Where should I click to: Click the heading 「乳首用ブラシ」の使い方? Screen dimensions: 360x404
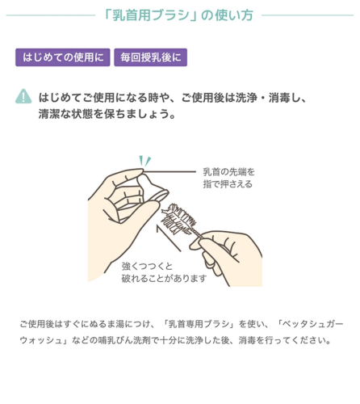pos(178,15)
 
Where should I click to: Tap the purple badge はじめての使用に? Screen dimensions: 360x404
pos(63,57)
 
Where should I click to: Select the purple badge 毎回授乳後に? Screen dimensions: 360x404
pos(150,57)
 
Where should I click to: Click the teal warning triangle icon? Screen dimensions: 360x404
pos(23,96)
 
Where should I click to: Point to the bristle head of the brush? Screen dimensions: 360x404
pos(178,217)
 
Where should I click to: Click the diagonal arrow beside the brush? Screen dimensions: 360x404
pos(169,238)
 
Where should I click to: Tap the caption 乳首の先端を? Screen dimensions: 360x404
pos(228,171)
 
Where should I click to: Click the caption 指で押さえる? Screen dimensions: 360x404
pos(228,184)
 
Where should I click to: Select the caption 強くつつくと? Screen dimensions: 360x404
pos(147,266)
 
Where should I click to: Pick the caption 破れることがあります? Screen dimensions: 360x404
pos(164,278)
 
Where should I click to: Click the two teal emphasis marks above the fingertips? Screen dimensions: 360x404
pos(144,161)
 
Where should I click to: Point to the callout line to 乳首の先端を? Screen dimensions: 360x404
pos(170,171)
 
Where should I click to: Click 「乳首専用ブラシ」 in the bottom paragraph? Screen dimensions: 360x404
pos(200,324)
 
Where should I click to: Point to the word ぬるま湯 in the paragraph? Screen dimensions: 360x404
pos(107,324)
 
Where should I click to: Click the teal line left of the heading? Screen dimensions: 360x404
pos(51,15)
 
